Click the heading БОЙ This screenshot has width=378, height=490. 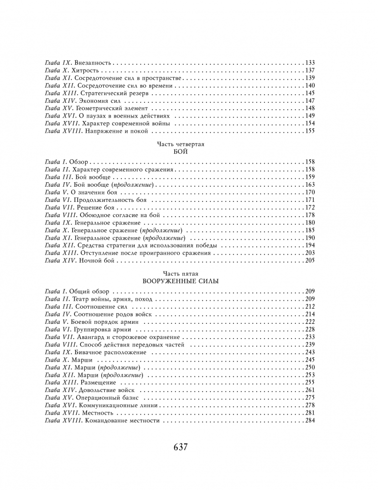tap(181, 152)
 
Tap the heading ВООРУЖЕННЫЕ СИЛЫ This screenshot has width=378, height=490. tap(181, 282)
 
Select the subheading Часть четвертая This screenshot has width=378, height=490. tap(181, 144)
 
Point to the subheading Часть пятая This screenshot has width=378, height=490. tap(181, 273)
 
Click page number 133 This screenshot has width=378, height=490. tap(309, 63)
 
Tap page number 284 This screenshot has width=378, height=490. tap(309, 421)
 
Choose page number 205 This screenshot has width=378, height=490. tap(309, 261)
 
